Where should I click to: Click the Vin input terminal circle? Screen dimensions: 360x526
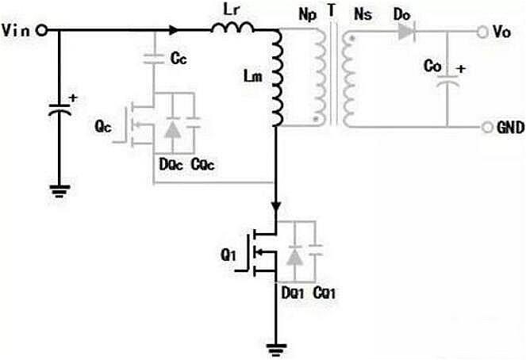coord(41,30)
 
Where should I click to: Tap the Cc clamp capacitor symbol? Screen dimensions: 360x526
coord(152,58)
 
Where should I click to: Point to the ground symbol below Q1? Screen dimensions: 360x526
coord(275,347)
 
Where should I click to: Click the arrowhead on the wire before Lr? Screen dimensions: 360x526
coord(173,30)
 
